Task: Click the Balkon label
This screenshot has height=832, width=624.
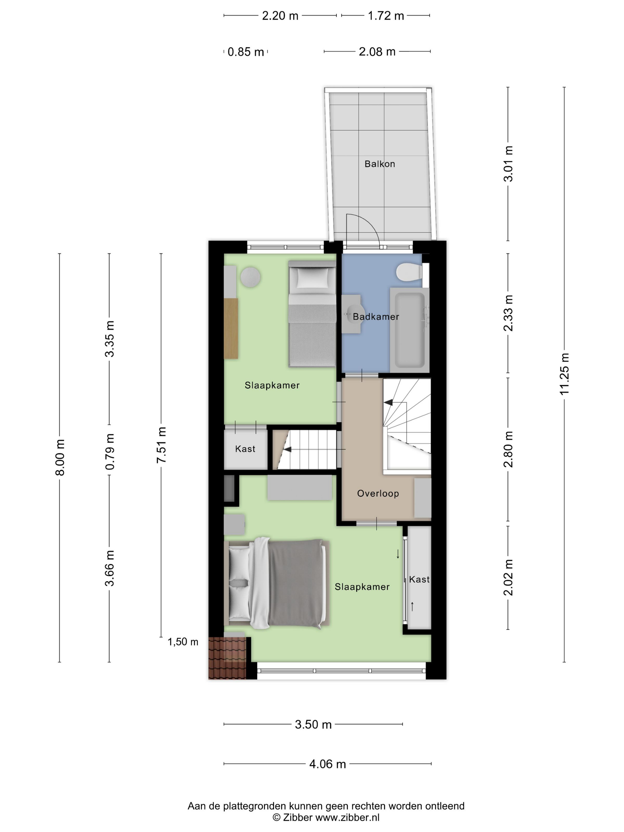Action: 379,164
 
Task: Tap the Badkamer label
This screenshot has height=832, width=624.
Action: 376,317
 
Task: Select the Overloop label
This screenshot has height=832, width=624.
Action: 378,494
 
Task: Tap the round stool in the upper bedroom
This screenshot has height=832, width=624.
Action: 250,277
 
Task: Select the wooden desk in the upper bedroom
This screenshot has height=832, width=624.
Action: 231,328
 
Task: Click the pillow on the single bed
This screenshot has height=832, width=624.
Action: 312,278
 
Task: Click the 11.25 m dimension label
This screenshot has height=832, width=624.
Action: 564,374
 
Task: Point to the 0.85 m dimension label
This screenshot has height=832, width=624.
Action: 246,52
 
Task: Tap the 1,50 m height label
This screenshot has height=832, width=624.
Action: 183,642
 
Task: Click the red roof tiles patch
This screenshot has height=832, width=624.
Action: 228,658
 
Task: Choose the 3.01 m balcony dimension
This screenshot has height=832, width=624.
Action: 508,164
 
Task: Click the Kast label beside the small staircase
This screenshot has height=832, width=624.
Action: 245,449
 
